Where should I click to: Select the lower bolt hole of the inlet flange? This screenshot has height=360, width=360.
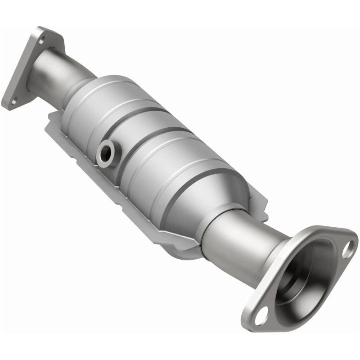14,101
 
